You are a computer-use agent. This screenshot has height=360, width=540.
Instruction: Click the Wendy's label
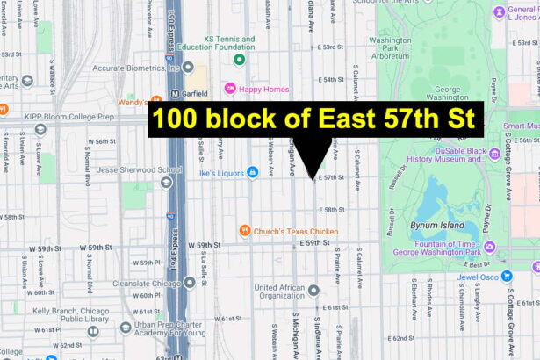point(132,102)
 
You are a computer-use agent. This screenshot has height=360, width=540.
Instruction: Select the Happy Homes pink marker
point(230,88)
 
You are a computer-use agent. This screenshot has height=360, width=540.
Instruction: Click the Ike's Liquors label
point(220,172)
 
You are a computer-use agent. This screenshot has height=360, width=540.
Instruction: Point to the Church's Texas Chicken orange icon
point(244,231)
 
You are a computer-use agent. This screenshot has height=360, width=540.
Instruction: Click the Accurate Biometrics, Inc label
point(132,68)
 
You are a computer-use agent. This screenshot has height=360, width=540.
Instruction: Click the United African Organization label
point(279,292)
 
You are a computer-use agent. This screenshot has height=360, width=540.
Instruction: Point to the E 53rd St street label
point(333,46)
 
